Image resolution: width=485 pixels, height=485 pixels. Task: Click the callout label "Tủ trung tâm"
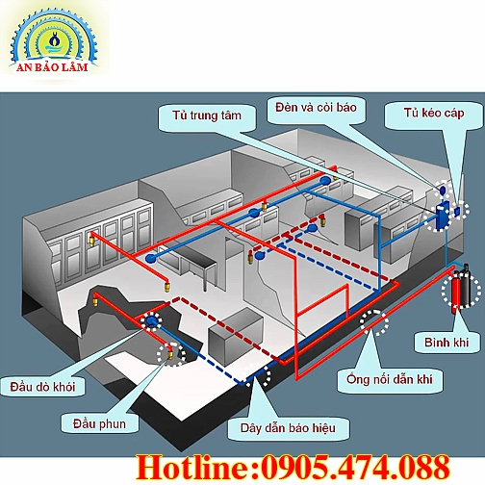pyautogui.click(x=207, y=115)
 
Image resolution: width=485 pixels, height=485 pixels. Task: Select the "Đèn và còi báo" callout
pyautogui.click(x=316, y=108)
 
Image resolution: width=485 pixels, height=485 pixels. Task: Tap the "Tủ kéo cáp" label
pyautogui.click(x=434, y=114)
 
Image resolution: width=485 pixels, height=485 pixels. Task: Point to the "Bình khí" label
pyautogui.click(x=447, y=343)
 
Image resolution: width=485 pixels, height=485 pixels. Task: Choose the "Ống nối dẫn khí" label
pyautogui.click(x=390, y=379)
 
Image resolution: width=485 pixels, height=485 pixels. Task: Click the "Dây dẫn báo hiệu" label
pyautogui.click(x=288, y=428)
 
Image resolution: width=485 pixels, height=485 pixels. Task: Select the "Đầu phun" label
pyautogui.click(x=99, y=424)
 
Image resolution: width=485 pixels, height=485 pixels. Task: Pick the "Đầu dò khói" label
pyautogui.click(x=42, y=387)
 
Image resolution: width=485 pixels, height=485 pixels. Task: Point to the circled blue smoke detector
pyautogui.click(x=150, y=320)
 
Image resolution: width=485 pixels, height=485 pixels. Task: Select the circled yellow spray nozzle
pyautogui.click(x=170, y=353)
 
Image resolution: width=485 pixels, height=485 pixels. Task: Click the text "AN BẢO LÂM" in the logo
pyautogui.click(x=52, y=67)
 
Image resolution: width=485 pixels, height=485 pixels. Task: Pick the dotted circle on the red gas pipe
pyautogui.click(x=374, y=322)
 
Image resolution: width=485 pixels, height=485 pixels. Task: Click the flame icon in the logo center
pyautogui.click(x=52, y=39)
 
